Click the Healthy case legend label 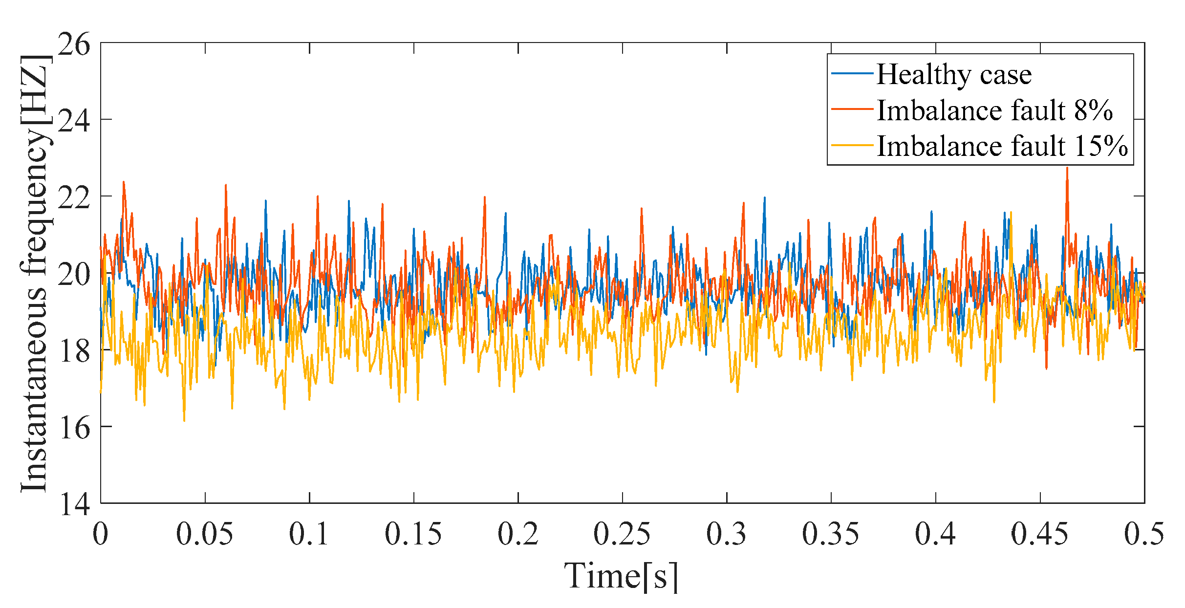pyautogui.click(x=953, y=75)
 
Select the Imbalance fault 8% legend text pyautogui.click(x=994, y=110)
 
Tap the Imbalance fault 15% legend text pyautogui.click(x=1002, y=146)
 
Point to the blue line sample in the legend pyautogui.click(x=852, y=74)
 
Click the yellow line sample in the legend pyautogui.click(x=852, y=145)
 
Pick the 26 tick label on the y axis pyautogui.click(x=74, y=45)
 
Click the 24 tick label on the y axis pyautogui.click(x=74, y=121)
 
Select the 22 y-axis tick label pyautogui.click(x=74, y=197)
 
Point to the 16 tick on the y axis pyautogui.click(x=74, y=428)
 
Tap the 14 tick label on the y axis pyautogui.click(x=74, y=504)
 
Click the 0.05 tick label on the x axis pyautogui.click(x=204, y=534)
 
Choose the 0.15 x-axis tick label pyautogui.click(x=413, y=534)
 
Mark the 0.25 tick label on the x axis pyautogui.click(x=622, y=534)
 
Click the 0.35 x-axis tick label pyautogui.click(x=830, y=534)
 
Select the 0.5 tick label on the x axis pyautogui.click(x=1143, y=534)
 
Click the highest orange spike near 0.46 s pyautogui.click(x=1067, y=169)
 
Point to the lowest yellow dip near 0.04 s pyautogui.click(x=184, y=420)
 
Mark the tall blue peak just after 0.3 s pyautogui.click(x=765, y=198)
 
